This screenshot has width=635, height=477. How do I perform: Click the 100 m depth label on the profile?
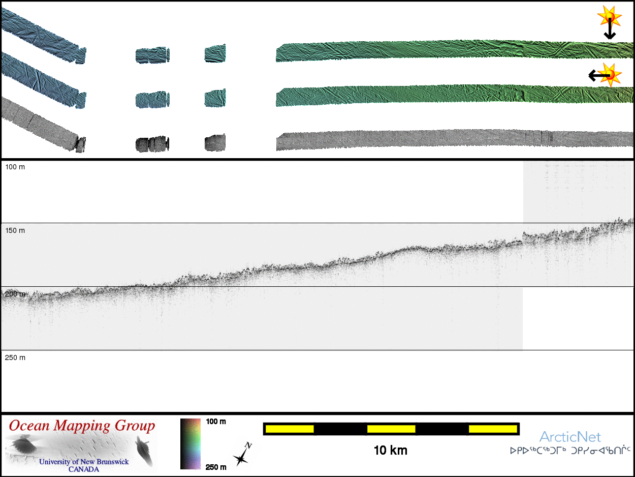point(15,167)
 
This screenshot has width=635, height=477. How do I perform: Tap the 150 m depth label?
point(15,230)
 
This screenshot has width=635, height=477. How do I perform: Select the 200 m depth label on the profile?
point(15,294)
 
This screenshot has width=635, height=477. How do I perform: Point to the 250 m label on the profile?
point(15,357)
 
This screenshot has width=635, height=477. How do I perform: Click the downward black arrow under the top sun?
point(610,28)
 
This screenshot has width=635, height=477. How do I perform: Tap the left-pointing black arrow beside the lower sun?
point(599,76)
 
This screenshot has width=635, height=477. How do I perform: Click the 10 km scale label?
point(391,451)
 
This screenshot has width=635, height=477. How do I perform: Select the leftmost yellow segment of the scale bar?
point(290,429)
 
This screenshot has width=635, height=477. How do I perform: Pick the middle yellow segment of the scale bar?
point(391,429)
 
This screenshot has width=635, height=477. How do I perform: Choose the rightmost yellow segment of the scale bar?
point(493,429)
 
